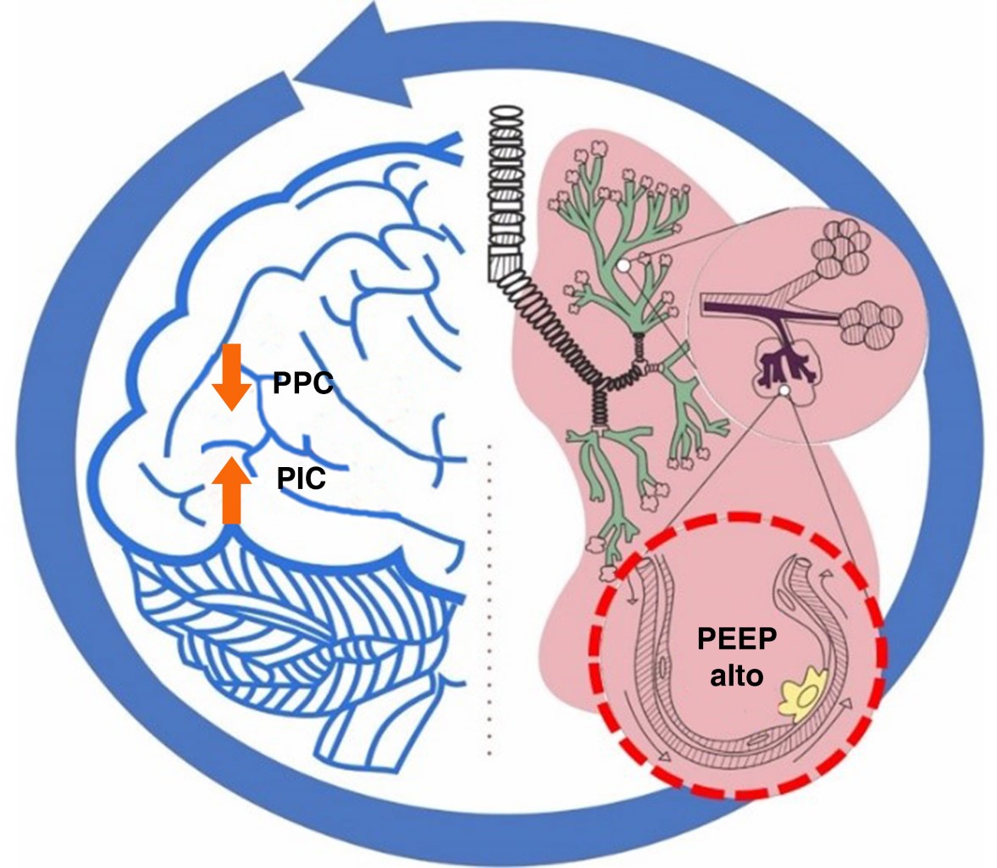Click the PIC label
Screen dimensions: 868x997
coord(301,481)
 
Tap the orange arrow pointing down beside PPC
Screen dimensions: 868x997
coord(230,376)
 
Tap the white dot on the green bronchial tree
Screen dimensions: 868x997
coord(623,266)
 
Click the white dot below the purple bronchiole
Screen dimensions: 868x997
coord(784,390)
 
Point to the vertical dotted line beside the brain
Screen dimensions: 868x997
coord(488,593)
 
